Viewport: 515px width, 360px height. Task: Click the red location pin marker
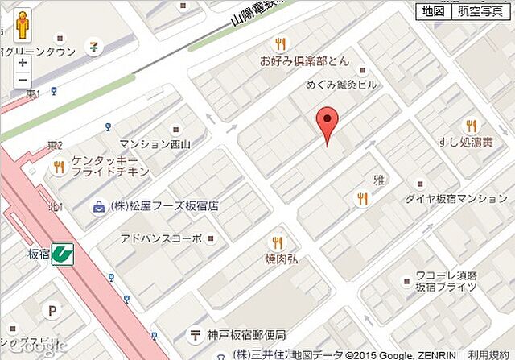click(x=327, y=122)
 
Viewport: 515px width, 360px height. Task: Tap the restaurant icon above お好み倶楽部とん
click(x=279, y=45)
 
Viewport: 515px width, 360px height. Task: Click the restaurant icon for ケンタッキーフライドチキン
click(x=58, y=168)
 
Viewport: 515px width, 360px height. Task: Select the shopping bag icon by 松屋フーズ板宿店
click(x=98, y=206)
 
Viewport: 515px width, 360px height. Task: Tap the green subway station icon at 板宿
click(x=62, y=253)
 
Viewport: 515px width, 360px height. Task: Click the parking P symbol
click(x=54, y=309)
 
